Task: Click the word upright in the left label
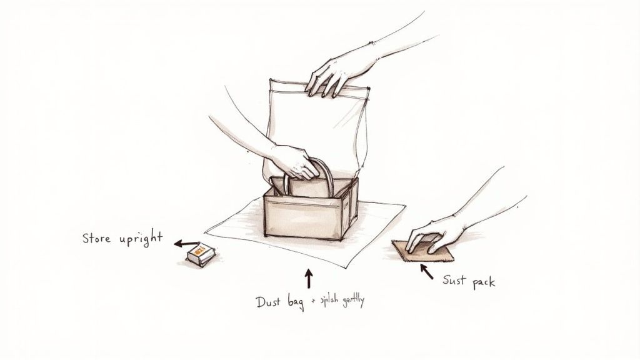(x=141, y=239)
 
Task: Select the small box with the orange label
(x=201, y=254)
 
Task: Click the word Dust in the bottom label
(x=270, y=302)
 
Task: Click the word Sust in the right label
(x=455, y=281)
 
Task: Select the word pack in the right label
(x=484, y=282)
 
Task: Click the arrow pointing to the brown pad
(x=426, y=270)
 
